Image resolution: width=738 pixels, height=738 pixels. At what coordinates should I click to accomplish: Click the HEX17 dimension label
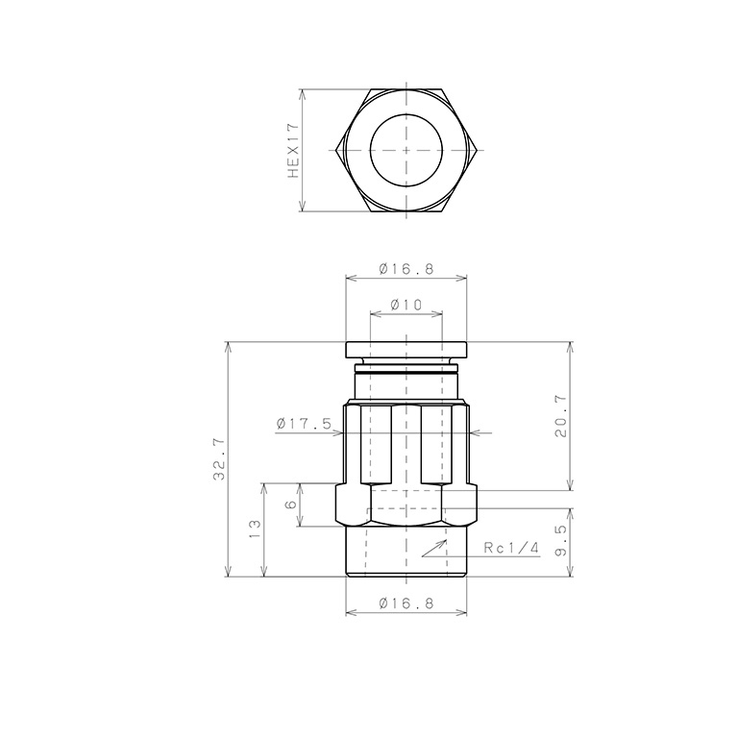click(294, 151)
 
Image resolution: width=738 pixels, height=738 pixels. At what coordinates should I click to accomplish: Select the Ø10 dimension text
click(406, 305)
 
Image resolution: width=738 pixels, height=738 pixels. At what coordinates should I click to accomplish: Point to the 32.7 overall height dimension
click(219, 458)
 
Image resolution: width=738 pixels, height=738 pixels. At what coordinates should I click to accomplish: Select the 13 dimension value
click(256, 529)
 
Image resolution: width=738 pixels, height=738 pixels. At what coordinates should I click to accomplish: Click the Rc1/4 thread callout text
click(512, 548)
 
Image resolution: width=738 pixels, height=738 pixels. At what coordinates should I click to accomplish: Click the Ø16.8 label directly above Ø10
click(406, 269)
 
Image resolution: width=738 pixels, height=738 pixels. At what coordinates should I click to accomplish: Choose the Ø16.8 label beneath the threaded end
click(406, 603)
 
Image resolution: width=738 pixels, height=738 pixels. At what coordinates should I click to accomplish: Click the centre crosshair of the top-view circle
click(406, 151)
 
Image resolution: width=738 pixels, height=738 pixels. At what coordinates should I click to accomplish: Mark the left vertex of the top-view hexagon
click(336, 151)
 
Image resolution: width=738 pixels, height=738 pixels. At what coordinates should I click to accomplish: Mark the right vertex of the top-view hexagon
click(478, 151)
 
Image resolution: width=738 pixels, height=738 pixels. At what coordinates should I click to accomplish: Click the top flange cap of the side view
click(406, 351)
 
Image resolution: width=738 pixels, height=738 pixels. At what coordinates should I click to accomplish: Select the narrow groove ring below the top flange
click(406, 369)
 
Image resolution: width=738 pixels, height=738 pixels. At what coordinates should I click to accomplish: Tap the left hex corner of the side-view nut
click(337, 504)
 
